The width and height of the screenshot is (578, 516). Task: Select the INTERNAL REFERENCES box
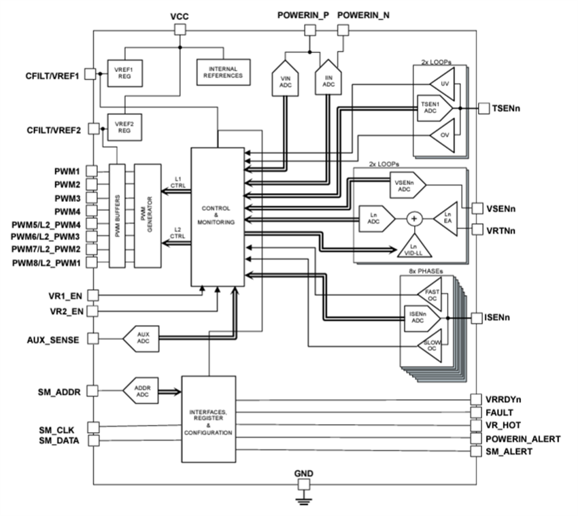point(224,70)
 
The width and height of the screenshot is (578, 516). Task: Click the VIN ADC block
point(285,84)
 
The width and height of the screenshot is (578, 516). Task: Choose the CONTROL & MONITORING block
point(217,217)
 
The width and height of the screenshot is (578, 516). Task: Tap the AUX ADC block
point(141,337)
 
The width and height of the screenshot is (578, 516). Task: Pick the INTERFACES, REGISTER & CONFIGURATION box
point(208,419)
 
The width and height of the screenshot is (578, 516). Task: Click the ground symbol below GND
point(303,502)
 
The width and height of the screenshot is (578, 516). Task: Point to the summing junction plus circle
point(415,219)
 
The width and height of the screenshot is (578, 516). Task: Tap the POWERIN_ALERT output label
point(523,438)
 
